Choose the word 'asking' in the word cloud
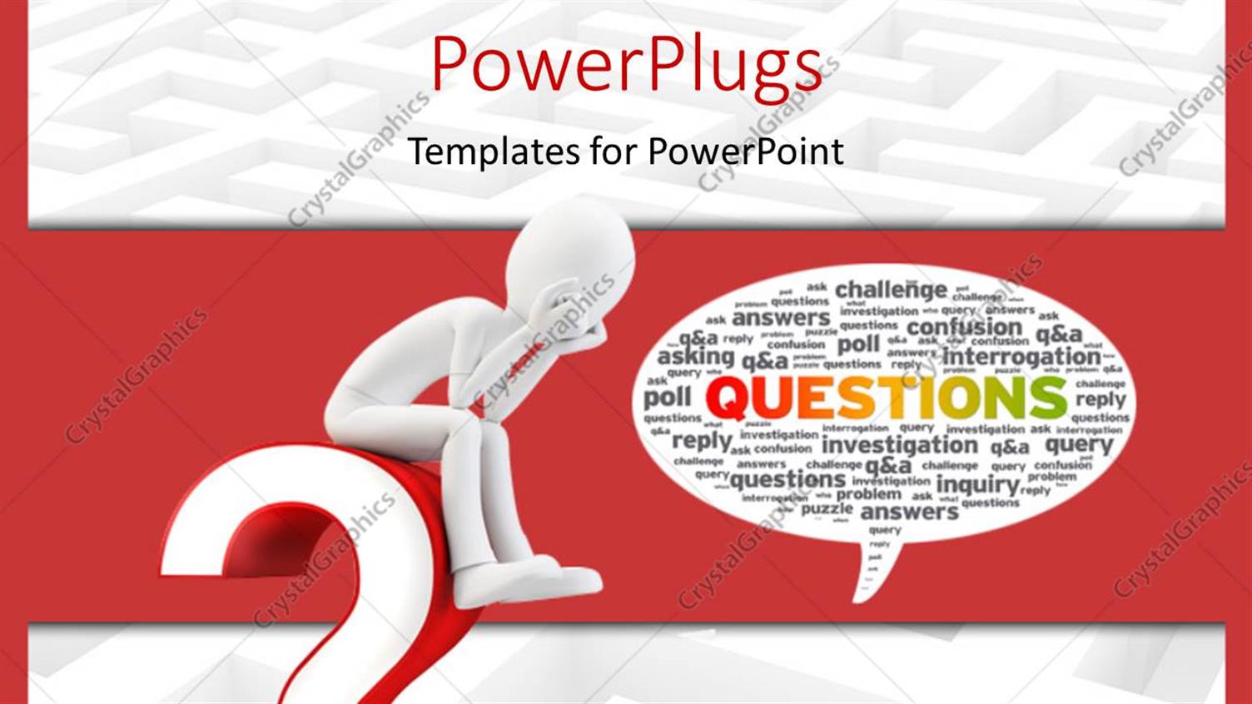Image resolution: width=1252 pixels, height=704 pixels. coord(696,357)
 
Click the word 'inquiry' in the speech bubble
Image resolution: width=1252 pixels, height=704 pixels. coord(977,484)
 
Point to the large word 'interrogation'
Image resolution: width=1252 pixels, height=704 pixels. coord(1021,356)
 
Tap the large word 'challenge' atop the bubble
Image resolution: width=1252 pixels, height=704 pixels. coord(891,290)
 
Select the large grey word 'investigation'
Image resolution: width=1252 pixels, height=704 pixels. coord(899,446)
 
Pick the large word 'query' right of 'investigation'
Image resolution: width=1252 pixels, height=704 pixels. coord(1079,445)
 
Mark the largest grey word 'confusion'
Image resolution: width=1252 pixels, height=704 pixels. coord(964,326)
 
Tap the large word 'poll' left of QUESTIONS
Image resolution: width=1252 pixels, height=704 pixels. coord(668,398)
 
